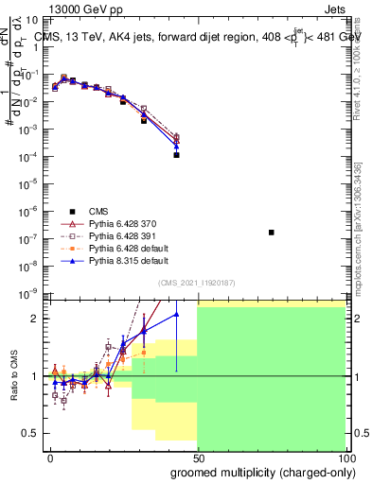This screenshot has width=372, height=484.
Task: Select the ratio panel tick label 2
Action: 37,319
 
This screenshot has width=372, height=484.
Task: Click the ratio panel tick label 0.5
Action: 33,433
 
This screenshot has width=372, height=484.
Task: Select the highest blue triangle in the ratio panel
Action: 175,314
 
